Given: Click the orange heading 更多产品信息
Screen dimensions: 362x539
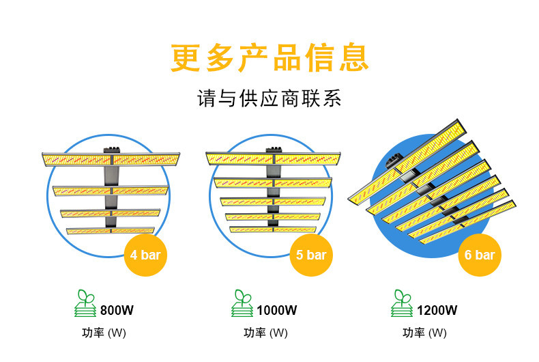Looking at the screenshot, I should point(269,58).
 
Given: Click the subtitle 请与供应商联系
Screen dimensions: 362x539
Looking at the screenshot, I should point(269,99).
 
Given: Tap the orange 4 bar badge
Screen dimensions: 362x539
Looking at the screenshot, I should point(145,255).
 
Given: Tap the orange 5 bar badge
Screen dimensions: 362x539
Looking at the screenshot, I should point(311,255).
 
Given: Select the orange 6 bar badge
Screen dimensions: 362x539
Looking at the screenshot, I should point(479,255).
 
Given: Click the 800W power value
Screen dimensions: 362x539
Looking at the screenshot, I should point(117,310).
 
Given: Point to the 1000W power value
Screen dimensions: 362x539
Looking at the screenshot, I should point(277,310).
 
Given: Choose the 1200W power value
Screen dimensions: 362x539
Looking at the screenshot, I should point(437,310).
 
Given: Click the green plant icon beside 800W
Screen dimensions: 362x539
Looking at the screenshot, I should point(85,303).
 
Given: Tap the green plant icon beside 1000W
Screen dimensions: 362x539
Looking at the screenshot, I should point(242,303).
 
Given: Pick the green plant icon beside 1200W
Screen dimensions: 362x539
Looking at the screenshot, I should point(402,303).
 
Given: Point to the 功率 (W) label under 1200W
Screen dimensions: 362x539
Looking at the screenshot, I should point(424,333).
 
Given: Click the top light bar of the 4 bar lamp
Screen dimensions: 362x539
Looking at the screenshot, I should point(111,159).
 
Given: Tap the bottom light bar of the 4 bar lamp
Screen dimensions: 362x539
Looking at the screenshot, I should point(111,231).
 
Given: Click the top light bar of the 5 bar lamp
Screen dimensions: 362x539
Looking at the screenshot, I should point(273,158).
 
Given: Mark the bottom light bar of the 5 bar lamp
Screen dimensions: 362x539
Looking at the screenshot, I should point(273,229).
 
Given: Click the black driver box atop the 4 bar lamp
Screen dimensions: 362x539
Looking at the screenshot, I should point(111,149).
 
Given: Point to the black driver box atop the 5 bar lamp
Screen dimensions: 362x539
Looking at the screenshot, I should point(274,149).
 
